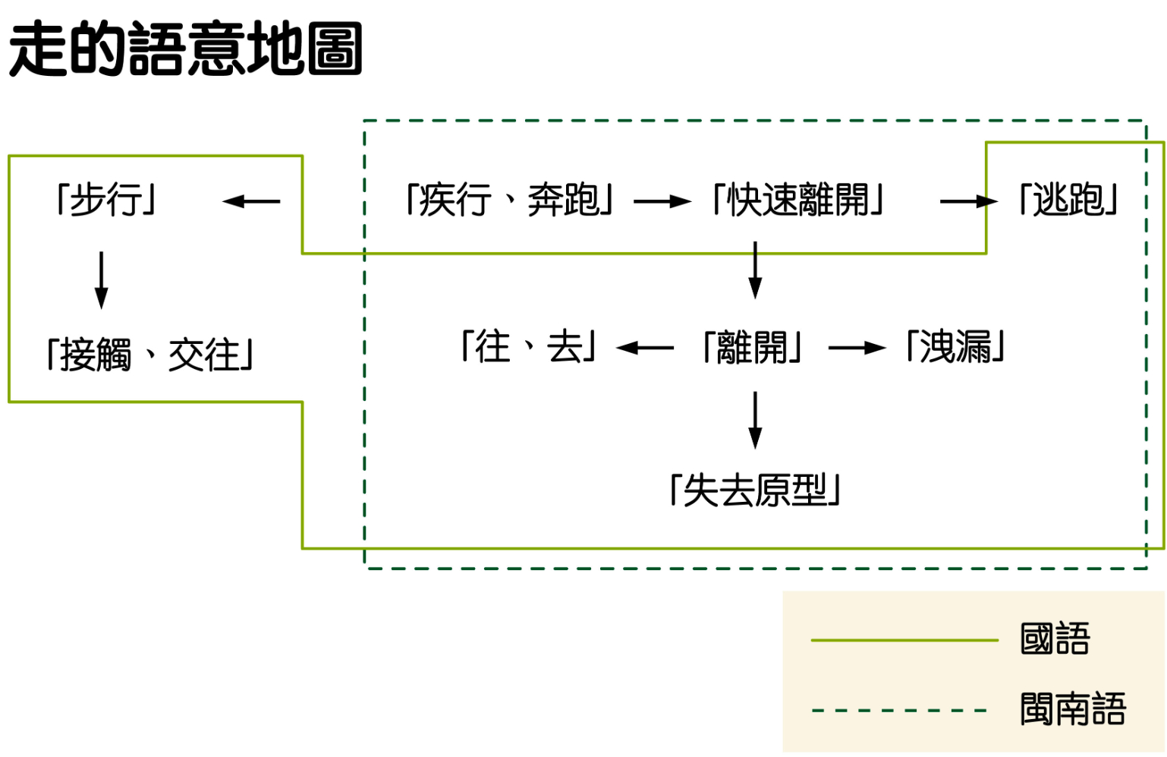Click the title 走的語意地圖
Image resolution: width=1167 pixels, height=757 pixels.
point(185,49)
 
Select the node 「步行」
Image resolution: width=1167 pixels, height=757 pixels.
point(106,200)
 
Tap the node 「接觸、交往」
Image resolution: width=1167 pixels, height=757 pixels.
point(149,355)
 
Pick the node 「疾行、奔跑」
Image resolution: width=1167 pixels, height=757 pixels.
point(509,200)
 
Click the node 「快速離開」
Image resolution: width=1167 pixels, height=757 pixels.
point(797,200)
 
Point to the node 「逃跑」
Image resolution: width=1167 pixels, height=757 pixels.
point(1068,200)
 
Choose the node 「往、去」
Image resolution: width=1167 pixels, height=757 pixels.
point(529,347)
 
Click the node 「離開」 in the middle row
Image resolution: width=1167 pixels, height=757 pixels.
point(753,348)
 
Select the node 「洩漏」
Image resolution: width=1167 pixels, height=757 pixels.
point(955,347)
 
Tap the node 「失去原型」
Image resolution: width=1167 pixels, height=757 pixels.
point(755,490)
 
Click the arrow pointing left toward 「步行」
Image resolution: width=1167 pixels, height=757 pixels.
point(251,201)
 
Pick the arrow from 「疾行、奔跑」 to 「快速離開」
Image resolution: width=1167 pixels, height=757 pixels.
point(662,201)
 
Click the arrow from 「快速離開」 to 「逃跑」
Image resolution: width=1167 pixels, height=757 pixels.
point(968,201)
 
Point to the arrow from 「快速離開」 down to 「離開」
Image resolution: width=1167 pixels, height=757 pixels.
point(755,270)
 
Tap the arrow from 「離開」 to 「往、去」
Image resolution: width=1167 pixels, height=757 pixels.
point(645,348)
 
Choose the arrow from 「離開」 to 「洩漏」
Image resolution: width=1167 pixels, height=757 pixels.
point(857,348)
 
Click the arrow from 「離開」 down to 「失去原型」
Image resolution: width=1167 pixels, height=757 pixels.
point(755,420)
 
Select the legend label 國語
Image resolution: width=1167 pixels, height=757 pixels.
point(1055,639)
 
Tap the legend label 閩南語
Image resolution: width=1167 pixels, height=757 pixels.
point(1073,709)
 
